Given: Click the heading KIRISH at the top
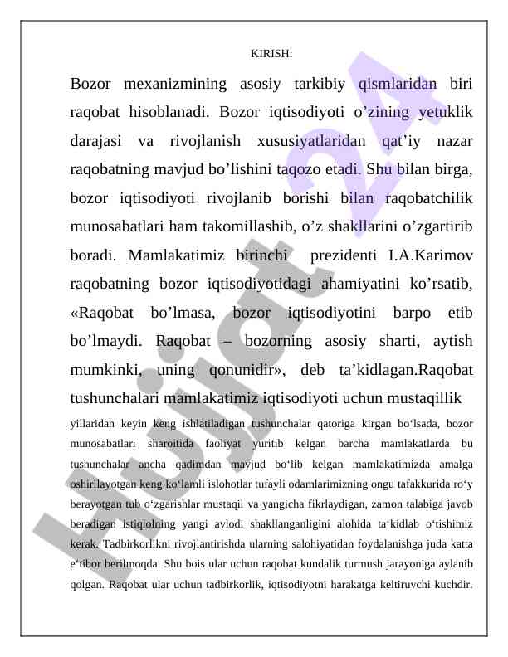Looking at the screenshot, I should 271,54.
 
